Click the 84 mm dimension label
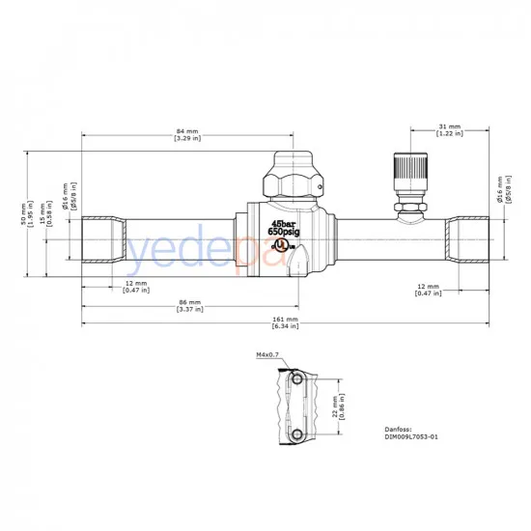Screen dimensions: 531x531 tap(187, 131)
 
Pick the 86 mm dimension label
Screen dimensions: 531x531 tap(189, 303)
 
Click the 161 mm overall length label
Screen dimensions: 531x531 tap(284, 319)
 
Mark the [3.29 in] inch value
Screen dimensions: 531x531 tap(187, 139)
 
